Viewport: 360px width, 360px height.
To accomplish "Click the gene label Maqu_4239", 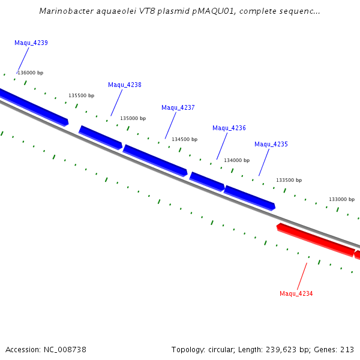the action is [x=31, y=43].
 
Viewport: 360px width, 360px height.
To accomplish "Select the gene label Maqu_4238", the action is [x=125, y=85].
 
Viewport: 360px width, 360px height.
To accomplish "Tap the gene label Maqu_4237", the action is [x=178, y=107].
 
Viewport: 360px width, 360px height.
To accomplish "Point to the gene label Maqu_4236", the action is [x=229, y=128].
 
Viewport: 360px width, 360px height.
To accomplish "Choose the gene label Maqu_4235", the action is [x=271, y=144].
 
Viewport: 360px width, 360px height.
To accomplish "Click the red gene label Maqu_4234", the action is [x=296, y=293].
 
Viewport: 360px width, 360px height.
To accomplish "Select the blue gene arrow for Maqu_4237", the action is [x=155, y=160].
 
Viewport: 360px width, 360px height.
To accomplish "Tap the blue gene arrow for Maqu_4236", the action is [x=207, y=181].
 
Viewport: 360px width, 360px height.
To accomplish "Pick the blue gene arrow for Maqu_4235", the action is [x=250, y=197].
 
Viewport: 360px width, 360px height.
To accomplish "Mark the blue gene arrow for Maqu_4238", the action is [x=101, y=137].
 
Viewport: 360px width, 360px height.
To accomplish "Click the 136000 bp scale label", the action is [x=31, y=73].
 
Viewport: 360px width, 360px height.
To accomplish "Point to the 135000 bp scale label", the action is [x=133, y=118].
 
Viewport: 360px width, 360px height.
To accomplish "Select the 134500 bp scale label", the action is [x=185, y=139].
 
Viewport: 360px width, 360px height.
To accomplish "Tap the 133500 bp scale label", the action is [x=289, y=180].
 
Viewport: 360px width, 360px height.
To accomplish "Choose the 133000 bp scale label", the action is [x=341, y=199].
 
